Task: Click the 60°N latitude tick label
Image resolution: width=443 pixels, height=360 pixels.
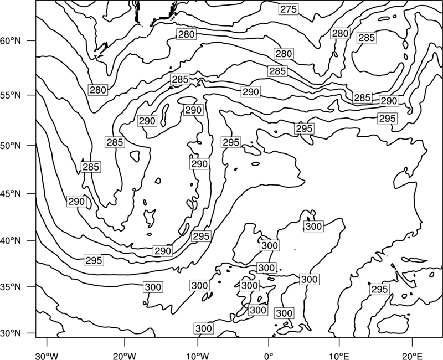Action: click(x=11, y=41)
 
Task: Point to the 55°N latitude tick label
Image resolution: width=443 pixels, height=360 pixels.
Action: click(x=11, y=95)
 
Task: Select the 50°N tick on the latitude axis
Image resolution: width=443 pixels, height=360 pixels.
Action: click(x=11, y=146)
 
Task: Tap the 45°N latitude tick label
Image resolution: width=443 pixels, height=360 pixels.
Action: click(x=11, y=193)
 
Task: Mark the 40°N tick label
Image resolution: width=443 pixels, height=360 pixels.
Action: click(x=11, y=241)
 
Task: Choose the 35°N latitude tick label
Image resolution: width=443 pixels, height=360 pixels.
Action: click(x=11, y=287)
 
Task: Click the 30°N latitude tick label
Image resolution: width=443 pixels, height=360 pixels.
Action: click(x=11, y=333)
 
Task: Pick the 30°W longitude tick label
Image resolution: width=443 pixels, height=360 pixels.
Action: click(x=47, y=356)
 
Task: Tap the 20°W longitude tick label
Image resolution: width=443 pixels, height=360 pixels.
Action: click(x=124, y=356)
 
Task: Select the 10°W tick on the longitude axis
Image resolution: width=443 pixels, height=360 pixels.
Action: click(x=198, y=356)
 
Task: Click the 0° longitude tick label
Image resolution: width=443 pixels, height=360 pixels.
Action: click(x=269, y=356)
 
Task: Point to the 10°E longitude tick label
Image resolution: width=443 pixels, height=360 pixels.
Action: click(x=338, y=356)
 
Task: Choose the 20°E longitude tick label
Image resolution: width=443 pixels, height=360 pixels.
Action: click(x=412, y=356)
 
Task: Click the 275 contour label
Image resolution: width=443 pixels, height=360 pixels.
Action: click(x=289, y=9)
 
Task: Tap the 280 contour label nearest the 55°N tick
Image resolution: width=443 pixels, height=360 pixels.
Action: click(x=98, y=90)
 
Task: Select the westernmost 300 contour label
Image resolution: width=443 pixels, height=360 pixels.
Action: click(x=153, y=287)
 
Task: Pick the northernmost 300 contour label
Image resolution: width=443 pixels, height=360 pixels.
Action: click(x=313, y=227)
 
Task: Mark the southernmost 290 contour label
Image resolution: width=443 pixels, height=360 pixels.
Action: click(x=163, y=251)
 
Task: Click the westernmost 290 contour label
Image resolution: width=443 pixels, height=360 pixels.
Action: click(x=76, y=202)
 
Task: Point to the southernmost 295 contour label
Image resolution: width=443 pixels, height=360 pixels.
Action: click(x=379, y=289)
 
